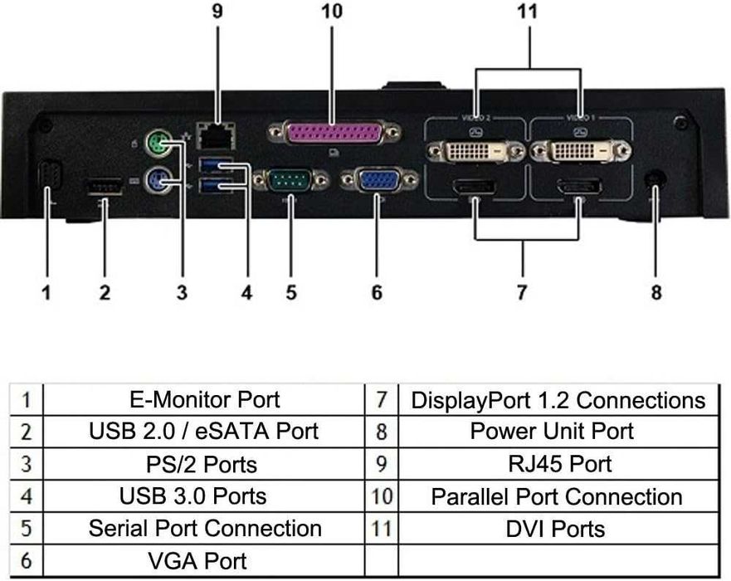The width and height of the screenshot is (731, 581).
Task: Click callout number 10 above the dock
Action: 330,12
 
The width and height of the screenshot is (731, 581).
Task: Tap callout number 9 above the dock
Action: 217,12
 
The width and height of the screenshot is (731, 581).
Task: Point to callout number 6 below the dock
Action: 377,292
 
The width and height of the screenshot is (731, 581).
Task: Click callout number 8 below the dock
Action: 656,292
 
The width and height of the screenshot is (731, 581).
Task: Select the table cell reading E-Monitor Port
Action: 205,400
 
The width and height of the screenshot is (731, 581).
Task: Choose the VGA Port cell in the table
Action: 205,560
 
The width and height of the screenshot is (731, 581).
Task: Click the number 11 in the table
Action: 381,528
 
